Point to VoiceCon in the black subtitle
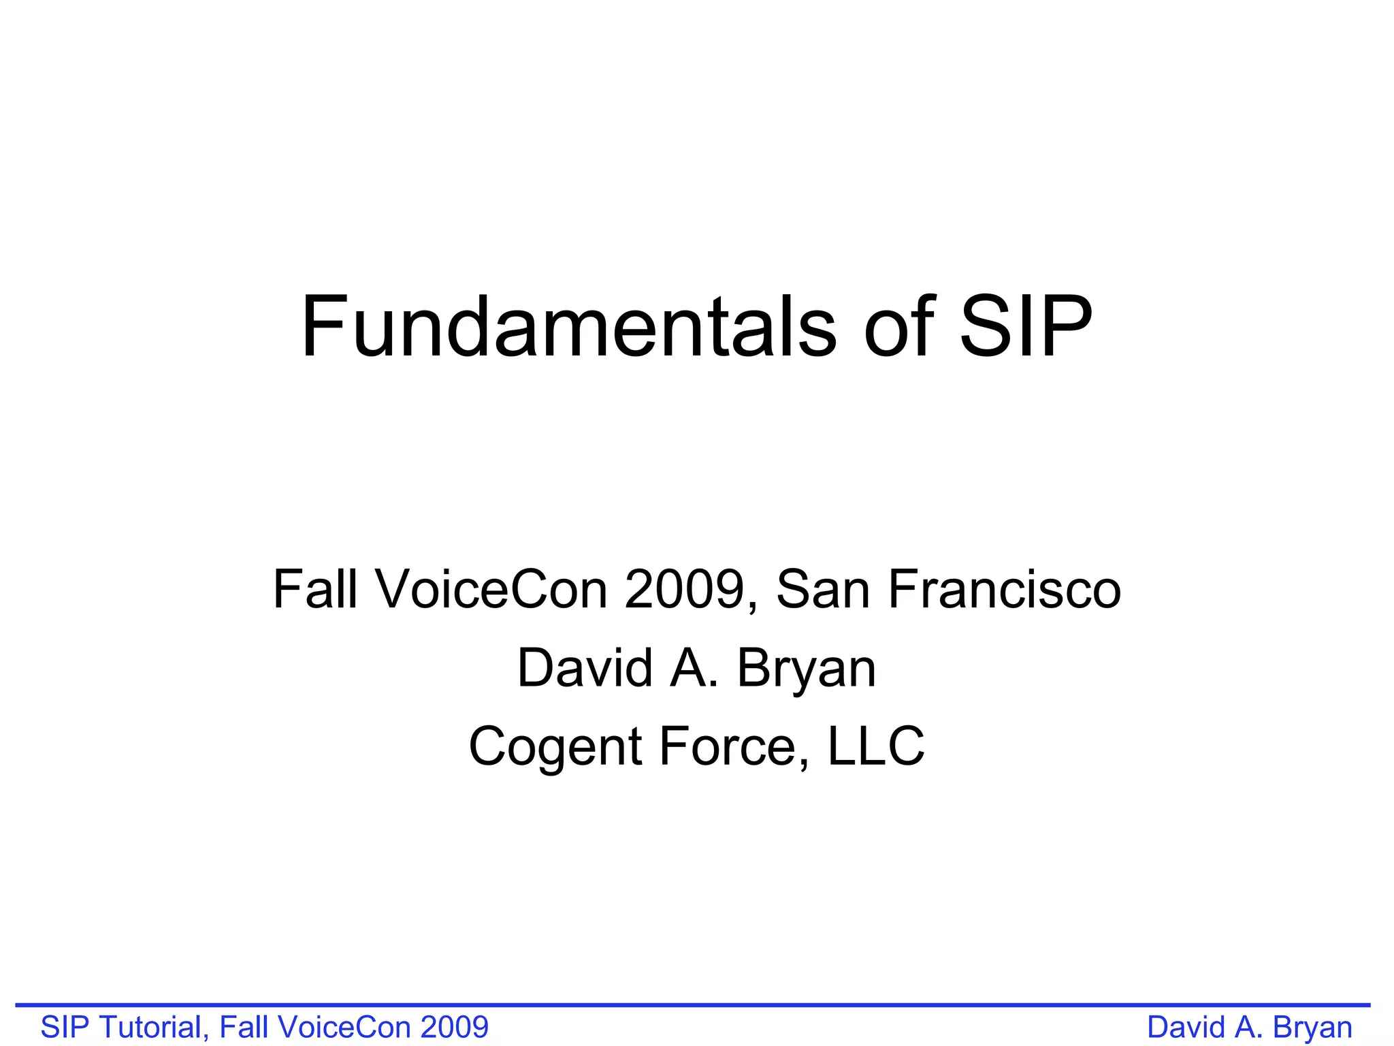(491, 589)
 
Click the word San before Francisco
(823, 589)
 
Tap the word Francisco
(1004, 589)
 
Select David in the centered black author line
(584, 668)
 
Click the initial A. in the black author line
(694, 668)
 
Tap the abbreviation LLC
(876, 746)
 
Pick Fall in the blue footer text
(241, 1027)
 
